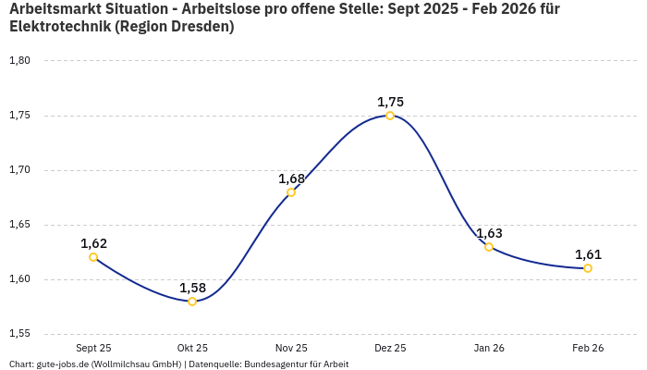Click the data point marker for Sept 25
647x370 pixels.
[93, 257]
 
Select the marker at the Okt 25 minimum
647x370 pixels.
[192, 302]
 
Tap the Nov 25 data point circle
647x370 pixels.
[291, 192]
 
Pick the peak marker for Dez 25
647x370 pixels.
[390, 116]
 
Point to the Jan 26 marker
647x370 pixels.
[489, 247]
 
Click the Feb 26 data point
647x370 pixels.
[588, 268]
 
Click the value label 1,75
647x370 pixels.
[390, 102]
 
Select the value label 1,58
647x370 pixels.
[192, 288]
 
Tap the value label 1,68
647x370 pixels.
[291, 179]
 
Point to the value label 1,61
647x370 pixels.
[588, 254]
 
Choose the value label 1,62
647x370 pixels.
[93, 243]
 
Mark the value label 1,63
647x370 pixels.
[489, 233]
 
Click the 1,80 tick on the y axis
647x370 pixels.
[19, 61]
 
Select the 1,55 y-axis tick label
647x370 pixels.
[19, 334]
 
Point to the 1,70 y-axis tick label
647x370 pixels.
[19, 170]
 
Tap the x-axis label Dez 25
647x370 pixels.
[390, 348]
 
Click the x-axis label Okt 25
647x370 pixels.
[192, 348]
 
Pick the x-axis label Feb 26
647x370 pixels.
[588, 348]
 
